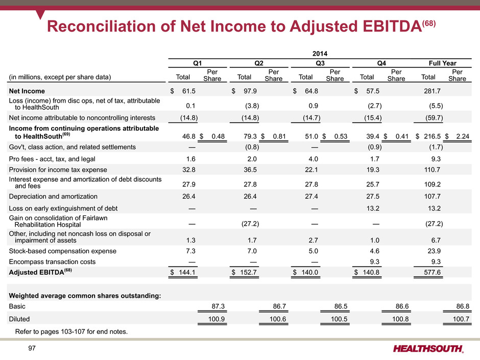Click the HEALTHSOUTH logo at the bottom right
click(428, 349)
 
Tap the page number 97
click(32, 348)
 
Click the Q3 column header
click(320, 63)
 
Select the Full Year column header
click(442, 63)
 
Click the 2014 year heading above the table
click(320, 54)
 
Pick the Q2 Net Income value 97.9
click(250, 91)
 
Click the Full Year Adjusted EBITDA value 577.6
click(432, 272)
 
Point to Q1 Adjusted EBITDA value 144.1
click(187, 272)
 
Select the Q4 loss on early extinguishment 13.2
click(373, 208)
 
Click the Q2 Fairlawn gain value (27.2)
click(250, 224)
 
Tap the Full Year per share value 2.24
click(463, 136)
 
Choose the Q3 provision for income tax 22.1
click(311, 170)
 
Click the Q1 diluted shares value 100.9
click(217, 319)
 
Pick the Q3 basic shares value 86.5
click(341, 306)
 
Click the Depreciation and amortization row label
click(53, 197)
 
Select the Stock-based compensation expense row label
click(63, 251)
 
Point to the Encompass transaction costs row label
click(53, 262)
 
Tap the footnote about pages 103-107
click(71, 331)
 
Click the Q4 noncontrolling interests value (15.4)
click(373, 118)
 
